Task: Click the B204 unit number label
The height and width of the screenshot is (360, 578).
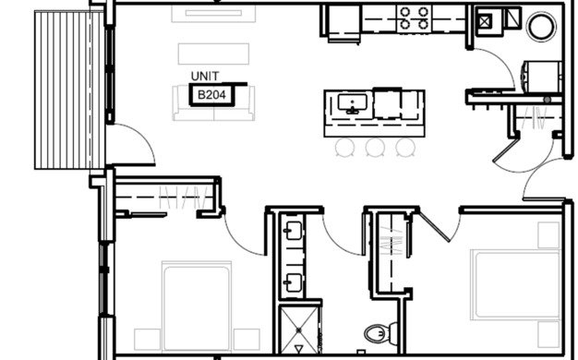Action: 211,95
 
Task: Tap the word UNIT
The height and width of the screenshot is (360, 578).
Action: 205,77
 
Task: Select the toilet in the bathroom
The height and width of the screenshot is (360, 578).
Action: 380,333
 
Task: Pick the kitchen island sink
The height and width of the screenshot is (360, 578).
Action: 353,103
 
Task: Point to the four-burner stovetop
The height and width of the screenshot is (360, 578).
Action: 414,18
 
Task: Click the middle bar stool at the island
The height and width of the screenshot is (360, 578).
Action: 375,147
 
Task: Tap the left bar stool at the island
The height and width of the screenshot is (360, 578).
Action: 345,147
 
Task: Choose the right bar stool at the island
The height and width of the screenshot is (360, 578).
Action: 405,147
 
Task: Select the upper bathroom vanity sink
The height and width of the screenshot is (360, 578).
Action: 294,230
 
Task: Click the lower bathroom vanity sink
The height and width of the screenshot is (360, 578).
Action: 294,282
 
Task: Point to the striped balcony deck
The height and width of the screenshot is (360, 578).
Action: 69,90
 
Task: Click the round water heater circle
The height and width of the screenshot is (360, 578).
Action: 541,27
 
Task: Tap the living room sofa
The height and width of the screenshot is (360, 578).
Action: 213,103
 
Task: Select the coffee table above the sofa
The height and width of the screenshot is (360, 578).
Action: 213,54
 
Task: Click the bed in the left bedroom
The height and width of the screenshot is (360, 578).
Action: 197,306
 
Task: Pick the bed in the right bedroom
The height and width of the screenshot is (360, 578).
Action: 516,285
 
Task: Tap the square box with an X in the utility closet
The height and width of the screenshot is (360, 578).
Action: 485,21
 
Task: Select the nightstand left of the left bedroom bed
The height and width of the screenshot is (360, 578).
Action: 147,340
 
